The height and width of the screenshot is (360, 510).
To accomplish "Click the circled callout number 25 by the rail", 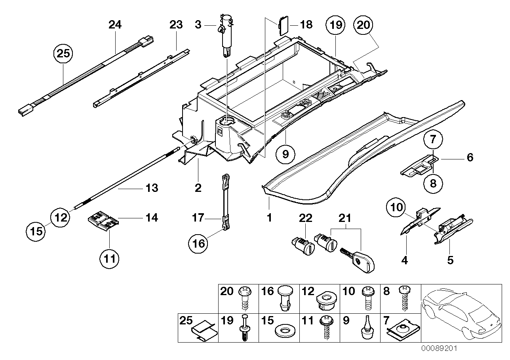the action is (63, 54).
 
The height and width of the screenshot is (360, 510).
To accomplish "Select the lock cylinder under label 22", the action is (303, 246).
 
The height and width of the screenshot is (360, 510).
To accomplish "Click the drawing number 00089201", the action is (439, 348).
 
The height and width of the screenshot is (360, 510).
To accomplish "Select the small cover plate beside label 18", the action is (283, 25).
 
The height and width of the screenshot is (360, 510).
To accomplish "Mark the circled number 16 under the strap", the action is (198, 244).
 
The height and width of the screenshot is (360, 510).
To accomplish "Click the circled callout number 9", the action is (285, 154).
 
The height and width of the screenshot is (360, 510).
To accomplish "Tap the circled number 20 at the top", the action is (363, 25).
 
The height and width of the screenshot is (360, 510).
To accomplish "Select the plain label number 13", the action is (152, 188).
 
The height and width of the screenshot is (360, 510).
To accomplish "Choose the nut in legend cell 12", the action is (326, 301).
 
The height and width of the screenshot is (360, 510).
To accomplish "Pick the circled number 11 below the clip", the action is (110, 259).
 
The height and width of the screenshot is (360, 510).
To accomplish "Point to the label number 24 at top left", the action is (115, 25).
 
